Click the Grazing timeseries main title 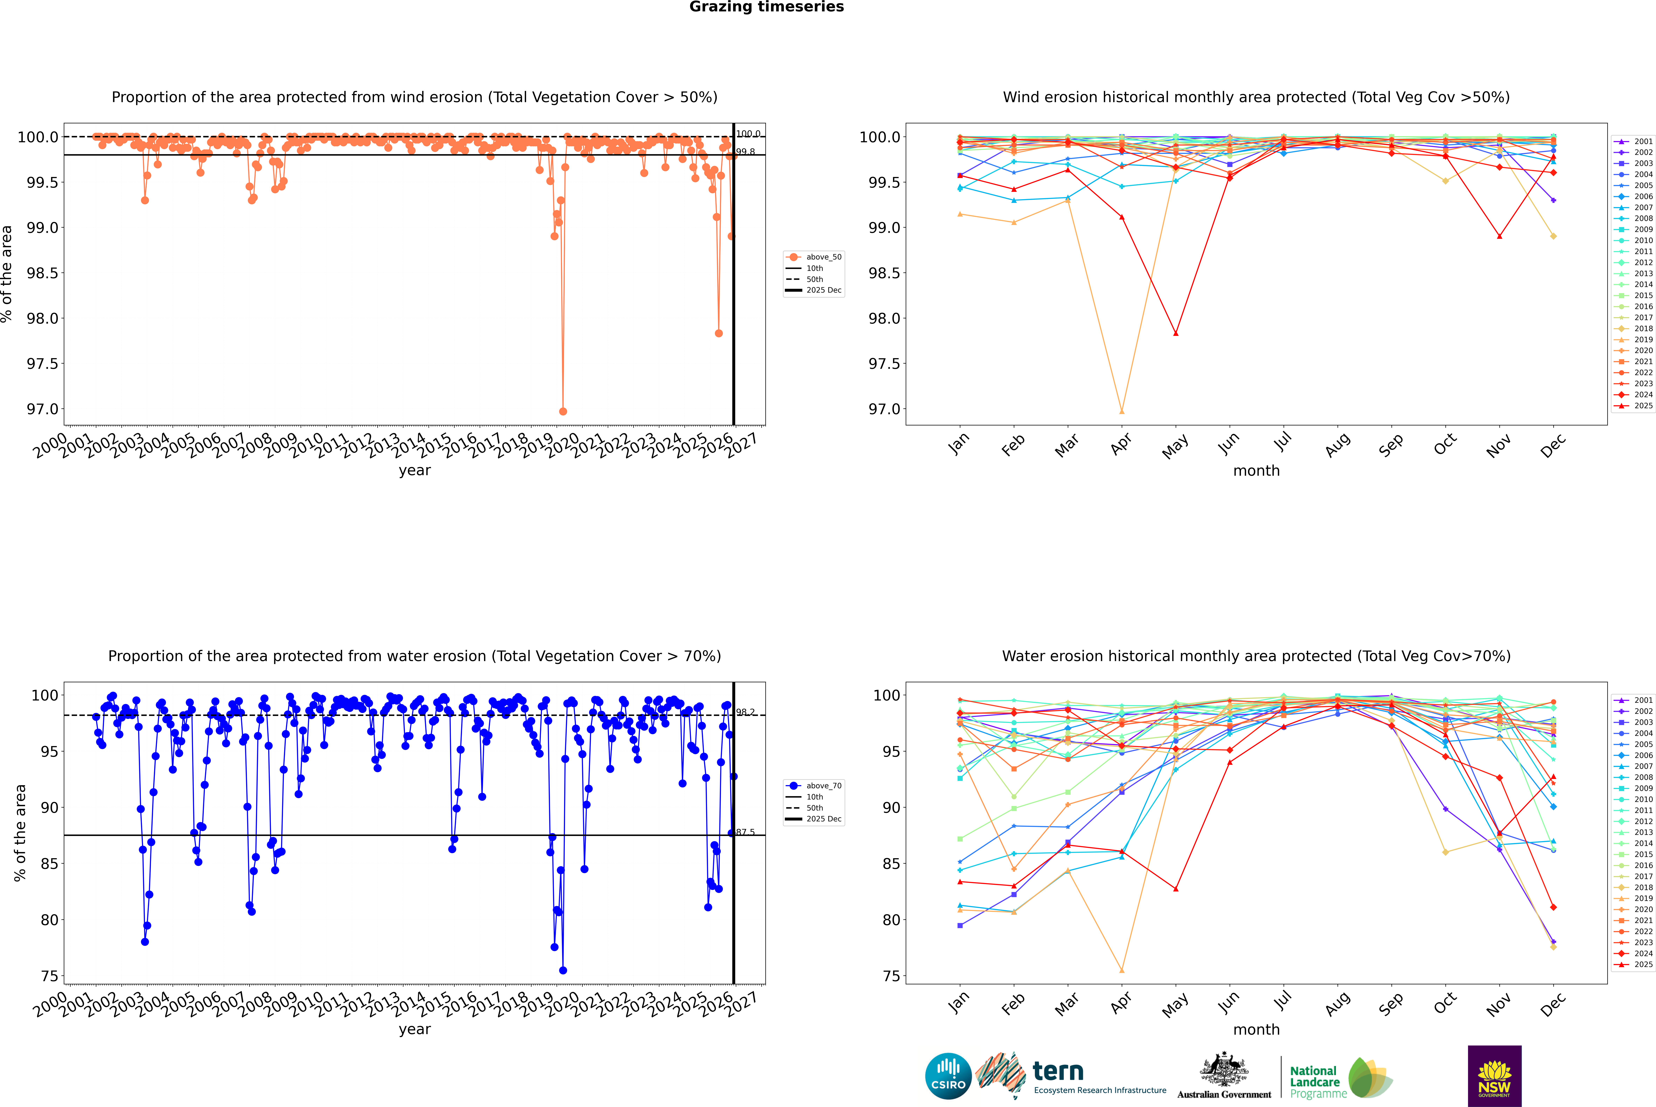pos(767,7)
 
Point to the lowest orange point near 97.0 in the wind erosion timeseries pos(563,411)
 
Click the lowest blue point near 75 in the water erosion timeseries pos(563,970)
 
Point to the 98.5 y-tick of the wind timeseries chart pos(42,273)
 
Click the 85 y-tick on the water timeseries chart pos(49,863)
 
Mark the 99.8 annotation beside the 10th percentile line pos(745,152)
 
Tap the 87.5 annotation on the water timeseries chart pos(745,832)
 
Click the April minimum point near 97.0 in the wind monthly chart pos(1122,411)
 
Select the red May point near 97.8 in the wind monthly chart pos(1175,333)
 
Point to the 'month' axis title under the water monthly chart pos(1256,1029)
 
